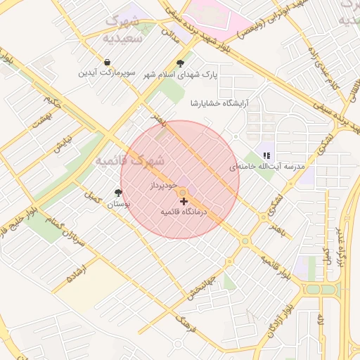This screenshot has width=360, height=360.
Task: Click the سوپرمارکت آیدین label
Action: [105, 73]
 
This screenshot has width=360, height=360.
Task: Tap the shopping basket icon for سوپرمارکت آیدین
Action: [105, 62]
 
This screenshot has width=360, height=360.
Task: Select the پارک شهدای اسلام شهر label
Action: [181, 74]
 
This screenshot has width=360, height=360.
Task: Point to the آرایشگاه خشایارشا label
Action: [219, 103]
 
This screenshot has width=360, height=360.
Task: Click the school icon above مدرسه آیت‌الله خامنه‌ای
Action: [266, 155]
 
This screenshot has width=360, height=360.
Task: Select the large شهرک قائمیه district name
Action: [133, 160]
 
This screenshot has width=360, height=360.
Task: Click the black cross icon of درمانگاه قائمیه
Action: [184, 201]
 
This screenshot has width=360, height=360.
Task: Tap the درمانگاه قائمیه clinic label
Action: [184, 212]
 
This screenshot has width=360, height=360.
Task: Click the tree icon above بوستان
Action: [117, 193]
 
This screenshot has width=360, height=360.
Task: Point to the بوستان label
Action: [117, 205]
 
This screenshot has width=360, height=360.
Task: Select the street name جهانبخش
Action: [202, 288]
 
